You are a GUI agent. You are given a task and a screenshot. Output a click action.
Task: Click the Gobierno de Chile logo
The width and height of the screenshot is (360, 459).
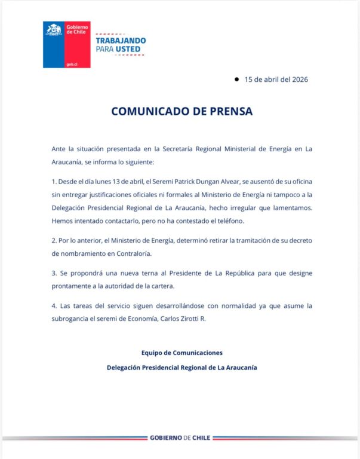[66, 45]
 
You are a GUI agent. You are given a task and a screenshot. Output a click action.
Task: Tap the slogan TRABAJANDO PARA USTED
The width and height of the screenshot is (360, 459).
[120, 45]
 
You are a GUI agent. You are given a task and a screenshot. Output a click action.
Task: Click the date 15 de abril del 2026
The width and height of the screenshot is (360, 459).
[276, 79]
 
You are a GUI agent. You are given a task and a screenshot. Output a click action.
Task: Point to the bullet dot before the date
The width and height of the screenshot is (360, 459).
[236, 79]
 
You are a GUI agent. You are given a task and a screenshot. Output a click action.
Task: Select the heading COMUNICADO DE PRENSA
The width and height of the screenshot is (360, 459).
[181, 111]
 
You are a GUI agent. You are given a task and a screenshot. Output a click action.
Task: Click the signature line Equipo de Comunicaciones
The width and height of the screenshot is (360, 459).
[181, 353]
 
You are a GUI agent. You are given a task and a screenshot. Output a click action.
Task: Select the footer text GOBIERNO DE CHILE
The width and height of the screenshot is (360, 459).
[180, 438]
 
